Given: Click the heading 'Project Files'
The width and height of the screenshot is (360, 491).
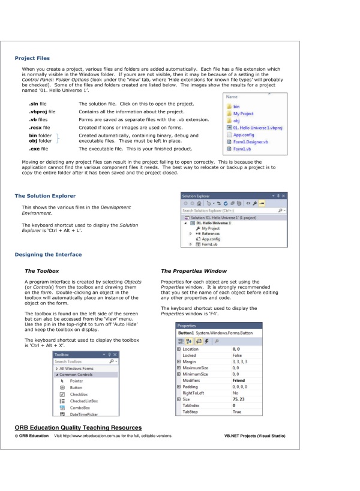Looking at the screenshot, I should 31,59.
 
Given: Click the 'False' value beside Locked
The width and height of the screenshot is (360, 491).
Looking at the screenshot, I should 271,373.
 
